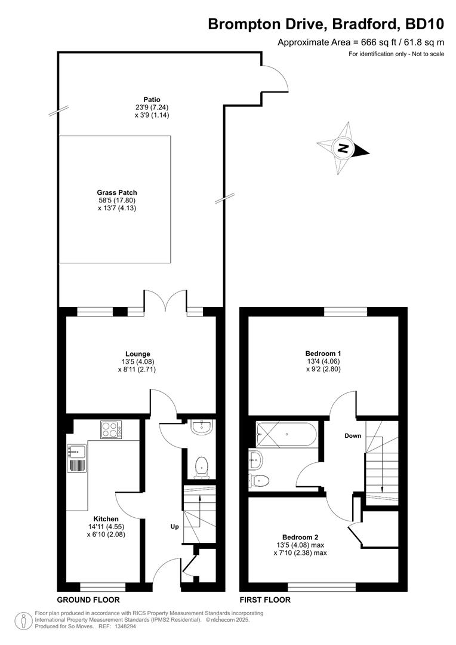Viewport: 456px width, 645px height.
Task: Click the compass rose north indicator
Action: pos(343,149)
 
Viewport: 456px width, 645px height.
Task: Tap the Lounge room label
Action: pos(138,354)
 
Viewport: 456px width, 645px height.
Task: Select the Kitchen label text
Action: pos(106,518)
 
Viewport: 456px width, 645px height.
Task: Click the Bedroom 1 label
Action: pos(323,353)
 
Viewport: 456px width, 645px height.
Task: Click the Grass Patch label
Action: pos(117,192)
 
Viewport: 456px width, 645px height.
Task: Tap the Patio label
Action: pos(152,100)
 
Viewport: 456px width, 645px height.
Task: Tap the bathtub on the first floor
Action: pos(286,434)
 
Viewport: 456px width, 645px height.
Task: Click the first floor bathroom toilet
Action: pos(260,480)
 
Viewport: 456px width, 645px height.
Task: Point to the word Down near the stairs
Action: pos(353,435)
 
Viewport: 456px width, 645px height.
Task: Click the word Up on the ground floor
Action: pos(175,527)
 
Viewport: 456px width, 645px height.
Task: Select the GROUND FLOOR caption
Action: pos(88,600)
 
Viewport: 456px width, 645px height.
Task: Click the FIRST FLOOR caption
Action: pos(265,600)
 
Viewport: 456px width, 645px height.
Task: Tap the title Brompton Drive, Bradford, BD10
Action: pos(326,24)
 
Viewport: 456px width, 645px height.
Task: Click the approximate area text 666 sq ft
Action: pos(361,42)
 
